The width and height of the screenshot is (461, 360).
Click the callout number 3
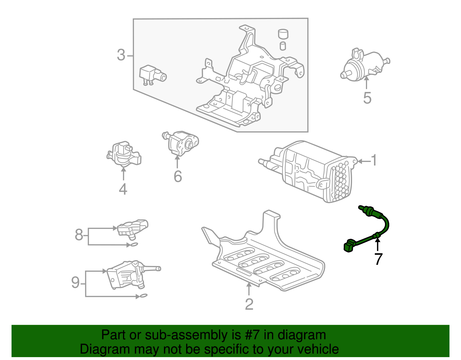point(121,55)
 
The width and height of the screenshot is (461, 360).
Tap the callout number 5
point(367,98)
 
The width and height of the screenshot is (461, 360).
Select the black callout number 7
point(378,259)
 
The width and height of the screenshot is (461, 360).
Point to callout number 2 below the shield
point(249,304)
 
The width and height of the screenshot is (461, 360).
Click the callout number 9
point(75,282)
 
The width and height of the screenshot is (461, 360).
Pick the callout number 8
point(79,235)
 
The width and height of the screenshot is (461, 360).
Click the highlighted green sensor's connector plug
point(349,246)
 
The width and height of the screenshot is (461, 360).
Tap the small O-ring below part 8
point(133,245)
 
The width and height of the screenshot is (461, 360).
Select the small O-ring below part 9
point(142,296)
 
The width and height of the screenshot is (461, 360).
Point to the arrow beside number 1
point(363,161)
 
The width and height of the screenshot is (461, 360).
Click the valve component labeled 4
point(124,154)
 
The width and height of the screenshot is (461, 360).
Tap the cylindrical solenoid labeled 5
point(364,65)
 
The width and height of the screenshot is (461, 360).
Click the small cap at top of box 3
point(283,34)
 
